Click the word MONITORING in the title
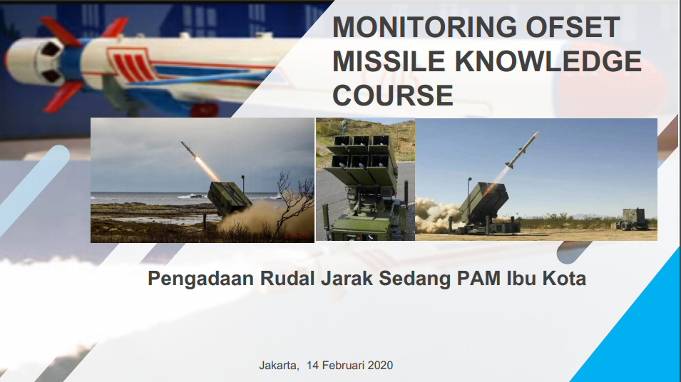point(424,27)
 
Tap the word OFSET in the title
point(573,27)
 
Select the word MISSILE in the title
point(389,61)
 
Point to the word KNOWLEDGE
point(548,61)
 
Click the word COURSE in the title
point(393,95)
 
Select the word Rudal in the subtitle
point(287,278)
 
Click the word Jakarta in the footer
point(279,366)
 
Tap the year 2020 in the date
point(380,366)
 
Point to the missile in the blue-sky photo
point(522,149)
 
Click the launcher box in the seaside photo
point(229,199)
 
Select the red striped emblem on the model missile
point(130,64)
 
